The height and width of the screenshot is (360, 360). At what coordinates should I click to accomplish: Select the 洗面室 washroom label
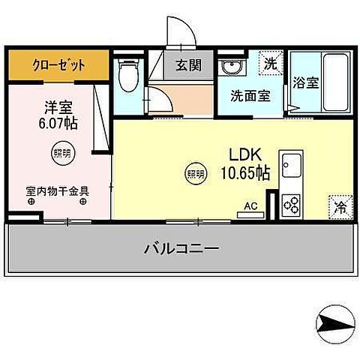coord(246,96)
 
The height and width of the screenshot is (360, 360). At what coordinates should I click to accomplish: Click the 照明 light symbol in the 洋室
coord(61,154)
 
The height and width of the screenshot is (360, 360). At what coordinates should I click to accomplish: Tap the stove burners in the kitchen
coord(291,204)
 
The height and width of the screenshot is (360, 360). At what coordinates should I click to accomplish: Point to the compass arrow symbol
coord(334,324)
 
